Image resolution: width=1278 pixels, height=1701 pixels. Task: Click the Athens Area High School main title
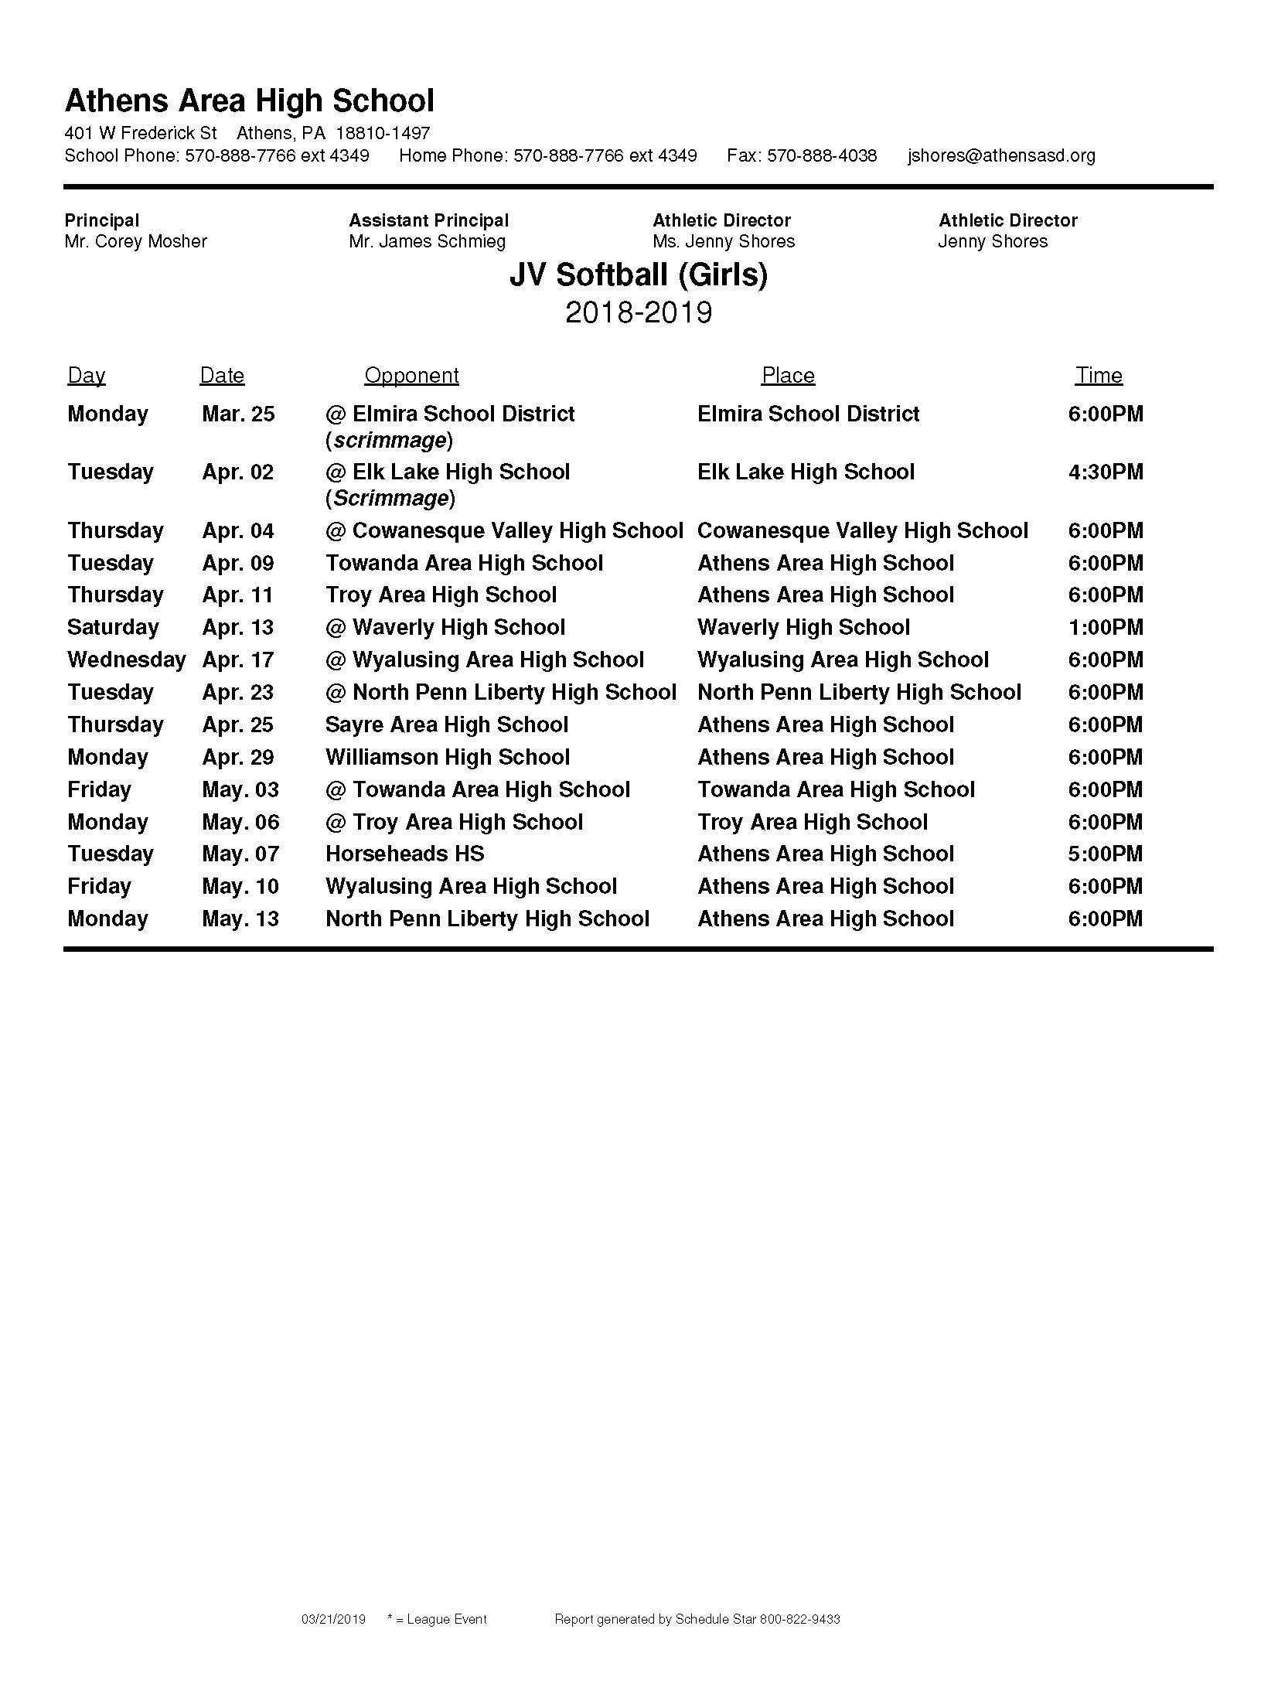coord(249,101)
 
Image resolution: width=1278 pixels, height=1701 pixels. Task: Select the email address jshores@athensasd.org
coord(1001,156)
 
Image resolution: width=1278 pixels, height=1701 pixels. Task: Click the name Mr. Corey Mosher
coord(136,242)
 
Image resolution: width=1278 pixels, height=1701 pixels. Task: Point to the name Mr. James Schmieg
coord(427,242)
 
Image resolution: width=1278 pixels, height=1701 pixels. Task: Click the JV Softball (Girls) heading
coord(639,275)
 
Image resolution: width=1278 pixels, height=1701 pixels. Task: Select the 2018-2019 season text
coord(639,313)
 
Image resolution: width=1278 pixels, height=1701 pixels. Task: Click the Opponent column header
coord(411,376)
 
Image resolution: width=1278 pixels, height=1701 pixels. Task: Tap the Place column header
coord(788,376)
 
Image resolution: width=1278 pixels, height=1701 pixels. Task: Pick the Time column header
coord(1099,376)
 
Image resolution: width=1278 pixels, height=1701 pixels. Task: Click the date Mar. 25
coord(238,414)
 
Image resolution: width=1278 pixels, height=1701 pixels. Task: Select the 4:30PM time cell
coord(1105,472)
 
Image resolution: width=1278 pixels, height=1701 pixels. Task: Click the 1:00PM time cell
coord(1105,628)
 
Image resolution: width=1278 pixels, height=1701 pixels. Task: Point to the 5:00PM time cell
coord(1105,854)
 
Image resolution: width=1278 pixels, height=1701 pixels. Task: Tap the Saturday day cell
coord(113,628)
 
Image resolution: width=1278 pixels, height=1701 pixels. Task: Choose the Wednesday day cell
coord(127,660)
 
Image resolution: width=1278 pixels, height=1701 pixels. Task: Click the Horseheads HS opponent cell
coord(404,854)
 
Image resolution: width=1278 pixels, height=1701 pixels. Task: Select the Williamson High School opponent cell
coord(448,758)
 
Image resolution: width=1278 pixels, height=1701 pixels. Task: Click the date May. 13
coord(240,919)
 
